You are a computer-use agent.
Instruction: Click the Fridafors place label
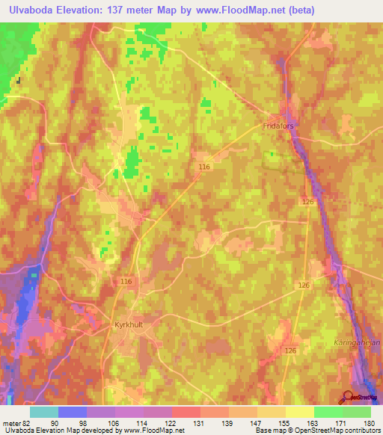click(278, 126)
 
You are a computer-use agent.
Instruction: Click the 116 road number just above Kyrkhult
click(126, 281)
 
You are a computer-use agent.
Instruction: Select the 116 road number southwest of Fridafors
click(204, 167)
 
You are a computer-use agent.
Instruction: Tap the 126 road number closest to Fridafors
click(310, 202)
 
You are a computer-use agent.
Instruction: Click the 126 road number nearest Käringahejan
click(291, 350)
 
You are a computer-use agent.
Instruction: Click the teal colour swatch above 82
click(44, 412)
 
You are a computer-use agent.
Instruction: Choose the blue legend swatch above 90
click(73, 412)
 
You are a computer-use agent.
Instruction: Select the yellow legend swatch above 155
click(272, 412)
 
